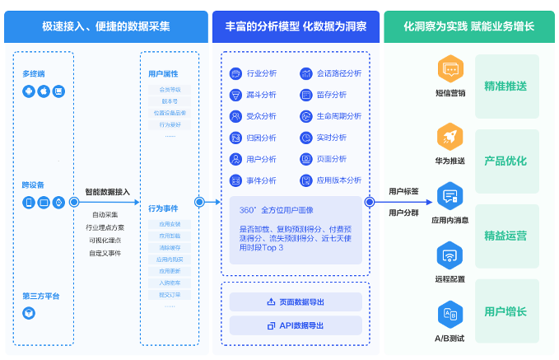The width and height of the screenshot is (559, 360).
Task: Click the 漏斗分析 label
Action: pos(262,95)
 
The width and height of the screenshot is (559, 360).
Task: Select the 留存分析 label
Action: pos(331,95)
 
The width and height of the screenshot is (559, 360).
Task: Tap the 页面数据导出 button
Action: pos(296,302)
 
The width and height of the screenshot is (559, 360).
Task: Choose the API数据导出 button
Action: pos(296,325)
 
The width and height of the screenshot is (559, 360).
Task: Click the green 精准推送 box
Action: pos(506,85)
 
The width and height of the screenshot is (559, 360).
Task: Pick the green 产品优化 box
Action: pos(506,161)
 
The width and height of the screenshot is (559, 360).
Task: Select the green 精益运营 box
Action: pos(506,236)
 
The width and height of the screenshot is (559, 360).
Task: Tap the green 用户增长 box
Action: pos(506,311)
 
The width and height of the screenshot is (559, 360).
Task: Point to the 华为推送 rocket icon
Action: pos(450,134)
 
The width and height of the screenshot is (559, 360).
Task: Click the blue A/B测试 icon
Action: pos(450,314)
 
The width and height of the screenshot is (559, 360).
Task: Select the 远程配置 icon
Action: pos(450,255)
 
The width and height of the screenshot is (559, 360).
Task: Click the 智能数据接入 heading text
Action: pos(108,191)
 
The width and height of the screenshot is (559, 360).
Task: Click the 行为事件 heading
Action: pos(163,208)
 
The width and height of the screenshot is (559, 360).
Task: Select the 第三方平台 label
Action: pos(41,295)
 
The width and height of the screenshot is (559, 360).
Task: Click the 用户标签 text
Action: pos(403,191)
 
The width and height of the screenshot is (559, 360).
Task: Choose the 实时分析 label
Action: pos(331,138)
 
